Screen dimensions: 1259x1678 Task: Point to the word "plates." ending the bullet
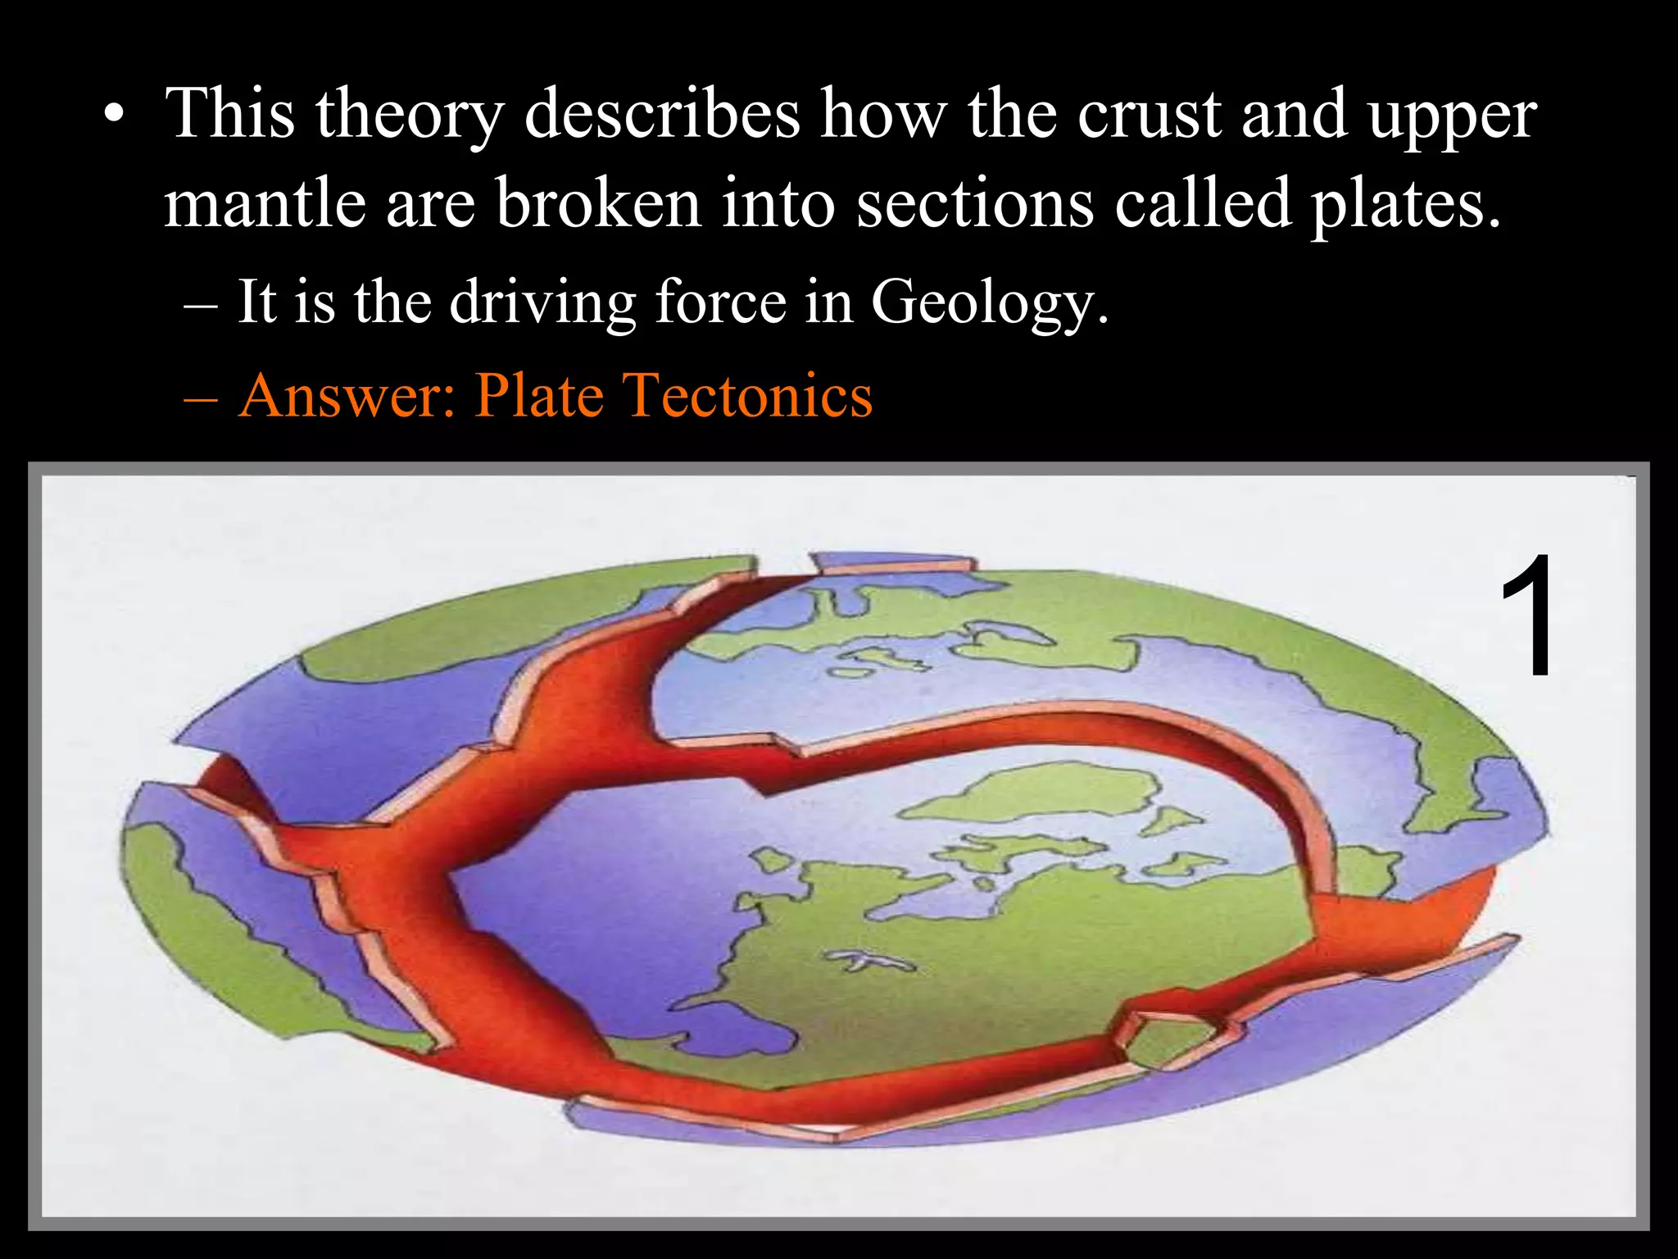pos(1406,205)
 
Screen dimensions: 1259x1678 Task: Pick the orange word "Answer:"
pos(347,396)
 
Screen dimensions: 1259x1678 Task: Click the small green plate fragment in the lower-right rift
pos(1168,1041)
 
